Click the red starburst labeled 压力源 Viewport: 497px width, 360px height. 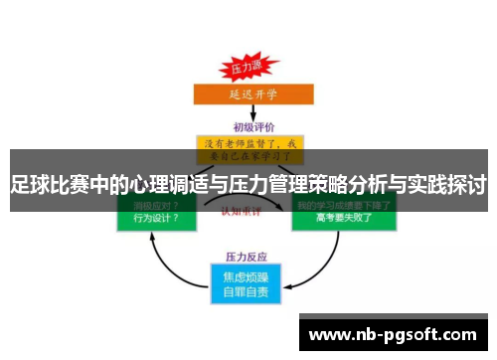click(245, 68)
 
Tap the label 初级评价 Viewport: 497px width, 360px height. click(248, 126)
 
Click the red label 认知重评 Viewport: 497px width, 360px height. click(246, 211)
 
